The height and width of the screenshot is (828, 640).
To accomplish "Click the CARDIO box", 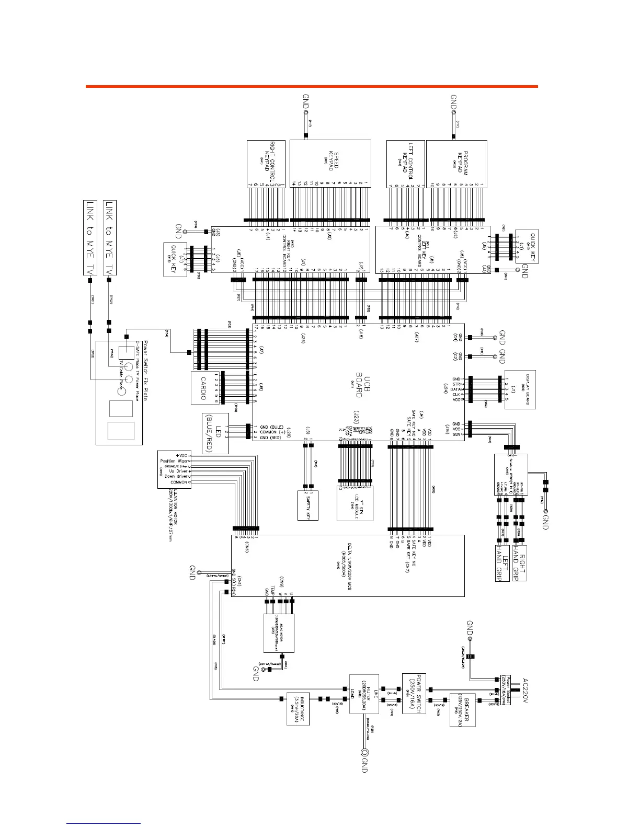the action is coord(204,387).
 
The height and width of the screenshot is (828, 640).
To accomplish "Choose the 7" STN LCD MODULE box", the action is coord(356,503).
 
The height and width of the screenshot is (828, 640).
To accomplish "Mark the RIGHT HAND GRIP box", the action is coord(519,563).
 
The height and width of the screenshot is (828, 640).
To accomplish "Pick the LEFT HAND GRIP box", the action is coord(501,563).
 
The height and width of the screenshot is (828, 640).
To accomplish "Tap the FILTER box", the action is coord(364,693).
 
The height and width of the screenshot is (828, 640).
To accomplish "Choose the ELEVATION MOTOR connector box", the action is coord(175,469).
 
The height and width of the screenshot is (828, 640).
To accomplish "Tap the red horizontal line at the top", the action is coord(312,87).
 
